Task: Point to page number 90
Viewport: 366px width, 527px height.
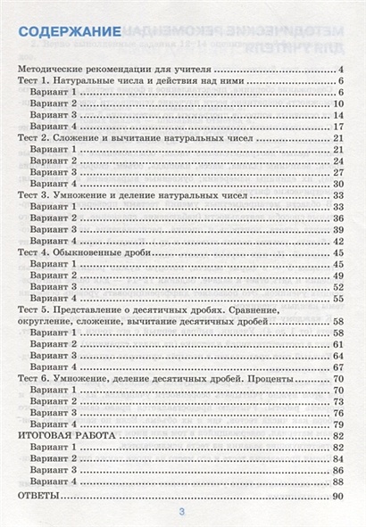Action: pos(337,495)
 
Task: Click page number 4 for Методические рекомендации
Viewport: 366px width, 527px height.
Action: pos(341,69)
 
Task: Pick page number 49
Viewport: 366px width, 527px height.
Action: pos(338,276)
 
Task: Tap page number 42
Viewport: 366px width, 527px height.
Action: pos(338,241)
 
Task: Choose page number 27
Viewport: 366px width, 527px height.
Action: pos(338,172)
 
